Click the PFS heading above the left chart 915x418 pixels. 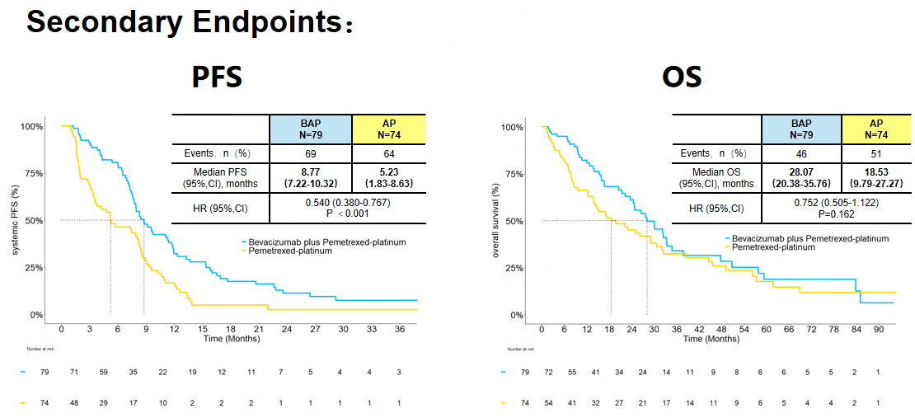pyautogui.click(x=217, y=77)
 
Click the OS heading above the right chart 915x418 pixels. pyautogui.click(x=682, y=77)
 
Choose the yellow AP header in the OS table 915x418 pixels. pyautogui.click(x=875, y=129)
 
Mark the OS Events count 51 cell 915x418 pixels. pyautogui.click(x=875, y=153)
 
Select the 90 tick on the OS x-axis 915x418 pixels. pyautogui.click(x=879, y=329)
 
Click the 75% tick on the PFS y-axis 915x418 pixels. pyautogui.click(x=32, y=174)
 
